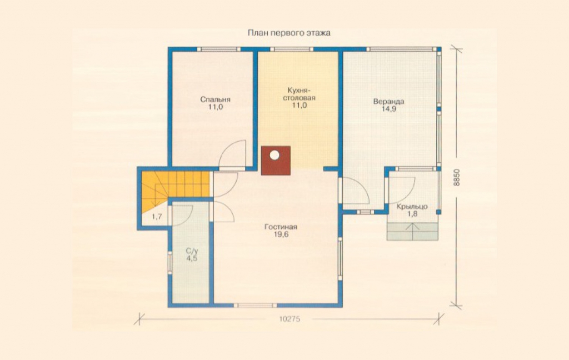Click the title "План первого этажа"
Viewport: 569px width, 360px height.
point(289,33)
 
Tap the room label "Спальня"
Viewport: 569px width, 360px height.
point(215,99)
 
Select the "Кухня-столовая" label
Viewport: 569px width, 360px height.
point(299,94)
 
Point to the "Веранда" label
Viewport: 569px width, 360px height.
point(388,101)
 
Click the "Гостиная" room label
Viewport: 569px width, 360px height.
point(281,227)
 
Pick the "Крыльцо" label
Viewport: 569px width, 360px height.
point(412,207)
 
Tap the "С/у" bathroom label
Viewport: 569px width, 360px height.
point(192,251)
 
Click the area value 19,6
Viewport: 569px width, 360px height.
point(281,234)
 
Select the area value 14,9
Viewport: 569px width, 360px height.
point(388,109)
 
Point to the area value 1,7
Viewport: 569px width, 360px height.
point(157,217)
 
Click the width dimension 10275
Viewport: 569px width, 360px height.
point(290,319)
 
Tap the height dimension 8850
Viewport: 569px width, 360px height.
point(457,178)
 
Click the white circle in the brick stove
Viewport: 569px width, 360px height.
point(274,156)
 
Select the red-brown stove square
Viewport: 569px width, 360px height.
point(276,161)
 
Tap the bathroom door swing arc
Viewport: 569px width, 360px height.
point(186,213)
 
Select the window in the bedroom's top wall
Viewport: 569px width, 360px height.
point(218,49)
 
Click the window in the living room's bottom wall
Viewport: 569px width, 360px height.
point(254,305)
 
